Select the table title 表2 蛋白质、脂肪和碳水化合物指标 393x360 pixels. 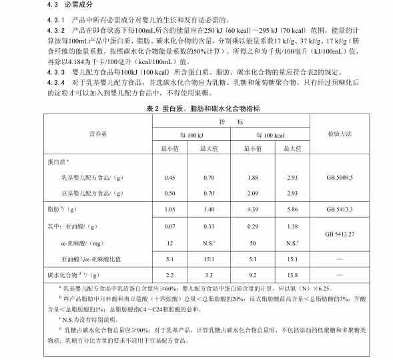coord(197,108)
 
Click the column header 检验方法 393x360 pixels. coord(340,134)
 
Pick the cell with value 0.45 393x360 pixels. coord(169,178)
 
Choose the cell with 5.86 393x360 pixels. coord(292,210)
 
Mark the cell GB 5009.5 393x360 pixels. coord(340,178)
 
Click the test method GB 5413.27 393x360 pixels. coord(340,234)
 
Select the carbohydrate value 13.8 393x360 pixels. coord(292,275)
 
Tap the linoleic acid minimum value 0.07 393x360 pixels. coord(169,227)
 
